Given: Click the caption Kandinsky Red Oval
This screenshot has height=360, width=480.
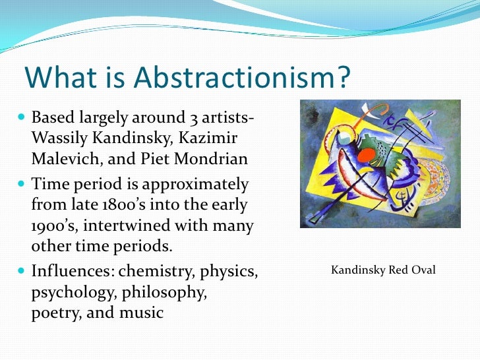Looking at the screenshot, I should coord(382,270).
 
